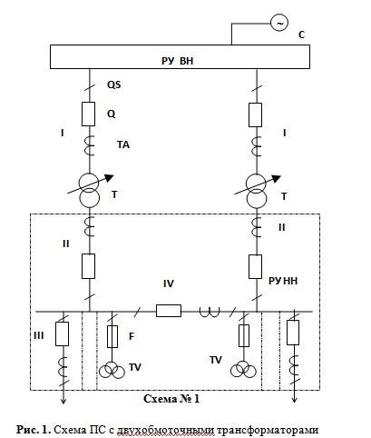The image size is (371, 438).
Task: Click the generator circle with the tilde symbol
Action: pyautogui.click(x=279, y=23)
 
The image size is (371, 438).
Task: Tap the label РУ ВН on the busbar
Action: pyautogui.click(x=177, y=61)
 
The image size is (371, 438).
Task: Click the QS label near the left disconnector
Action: pyautogui.click(x=114, y=85)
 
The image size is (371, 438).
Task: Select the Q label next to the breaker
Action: pyautogui.click(x=112, y=114)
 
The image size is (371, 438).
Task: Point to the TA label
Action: pyautogui.click(x=123, y=144)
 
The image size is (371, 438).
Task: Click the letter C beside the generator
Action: pyautogui.click(x=301, y=35)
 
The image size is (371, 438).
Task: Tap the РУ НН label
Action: pyautogui.click(x=283, y=281)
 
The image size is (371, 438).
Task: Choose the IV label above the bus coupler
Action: pyautogui.click(x=169, y=284)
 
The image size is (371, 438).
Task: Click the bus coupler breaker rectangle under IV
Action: pyautogui.click(x=169, y=311)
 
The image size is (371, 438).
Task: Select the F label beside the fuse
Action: pyautogui.click(x=132, y=336)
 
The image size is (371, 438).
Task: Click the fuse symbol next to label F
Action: pyautogui.click(x=112, y=336)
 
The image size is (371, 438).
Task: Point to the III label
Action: pyautogui.click(x=39, y=335)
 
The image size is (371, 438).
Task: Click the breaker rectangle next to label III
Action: pyautogui.click(x=62, y=333)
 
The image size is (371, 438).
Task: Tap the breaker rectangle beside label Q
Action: pyautogui.click(x=89, y=114)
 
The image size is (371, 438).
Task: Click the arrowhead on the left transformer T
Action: pyautogui.click(x=109, y=178)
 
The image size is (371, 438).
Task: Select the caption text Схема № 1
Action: pyautogui.click(x=171, y=399)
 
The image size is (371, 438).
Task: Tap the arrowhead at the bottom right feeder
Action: pyautogui.click(x=295, y=400)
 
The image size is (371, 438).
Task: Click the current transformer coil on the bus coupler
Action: pyautogui.click(x=210, y=313)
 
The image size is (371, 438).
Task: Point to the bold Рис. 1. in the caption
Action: pyautogui.click(x=34, y=430)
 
